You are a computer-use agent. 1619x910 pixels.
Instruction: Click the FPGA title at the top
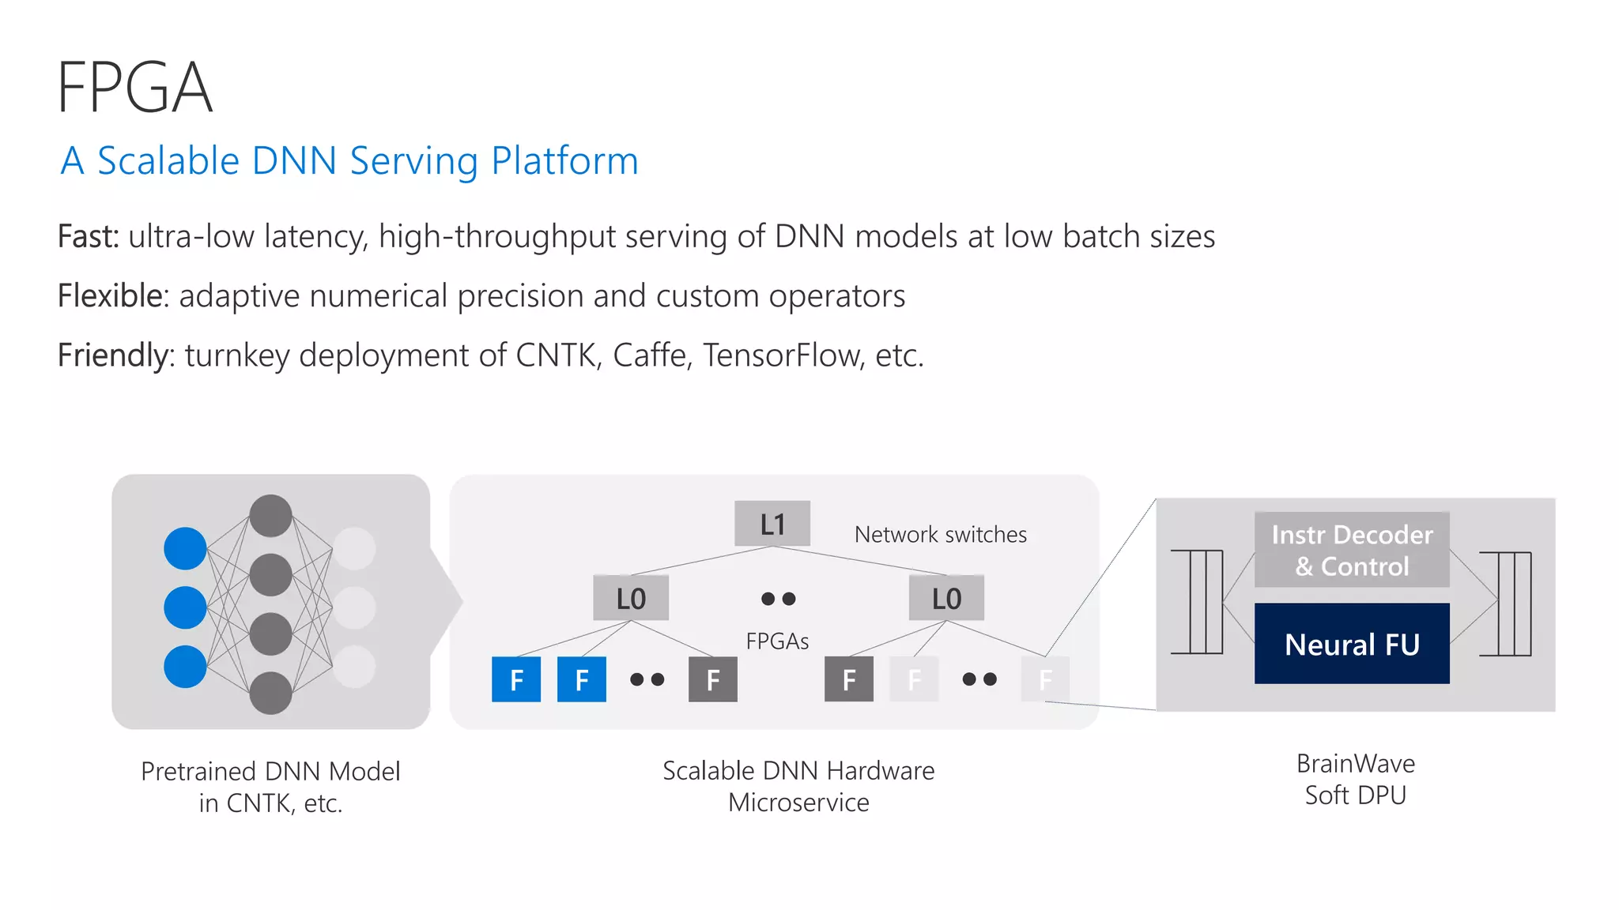[x=134, y=88]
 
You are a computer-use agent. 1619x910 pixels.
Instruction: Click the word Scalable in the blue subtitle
[x=168, y=160]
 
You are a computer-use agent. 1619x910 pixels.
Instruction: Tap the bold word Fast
[x=87, y=236]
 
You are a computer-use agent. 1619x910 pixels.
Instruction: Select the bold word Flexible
[x=112, y=295]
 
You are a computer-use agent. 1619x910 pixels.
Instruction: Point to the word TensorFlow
[x=780, y=355]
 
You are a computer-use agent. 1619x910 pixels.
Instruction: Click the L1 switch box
[x=772, y=524]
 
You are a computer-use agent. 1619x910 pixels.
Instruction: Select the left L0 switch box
[x=631, y=598]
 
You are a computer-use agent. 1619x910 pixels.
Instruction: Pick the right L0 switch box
[x=946, y=598]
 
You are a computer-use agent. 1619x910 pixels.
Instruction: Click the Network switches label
[x=940, y=535]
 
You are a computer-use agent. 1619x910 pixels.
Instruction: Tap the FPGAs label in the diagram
[x=777, y=641]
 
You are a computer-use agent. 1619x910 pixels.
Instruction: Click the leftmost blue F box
[x=516, y=679]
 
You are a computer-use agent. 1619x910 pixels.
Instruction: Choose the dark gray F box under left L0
[x=712, y=679]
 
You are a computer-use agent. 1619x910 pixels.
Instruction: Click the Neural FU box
[x=1352, y=644]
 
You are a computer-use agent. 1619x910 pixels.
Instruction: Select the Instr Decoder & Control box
[x=1352, y=550]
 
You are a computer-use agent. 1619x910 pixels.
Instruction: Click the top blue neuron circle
[x=185, y=548]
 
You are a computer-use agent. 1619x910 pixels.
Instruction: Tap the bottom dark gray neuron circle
[x=270, y=693]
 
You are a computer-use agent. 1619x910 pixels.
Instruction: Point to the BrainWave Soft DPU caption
[x=1355, y=779]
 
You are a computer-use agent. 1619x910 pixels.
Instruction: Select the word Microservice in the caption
[x=798, y=803]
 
